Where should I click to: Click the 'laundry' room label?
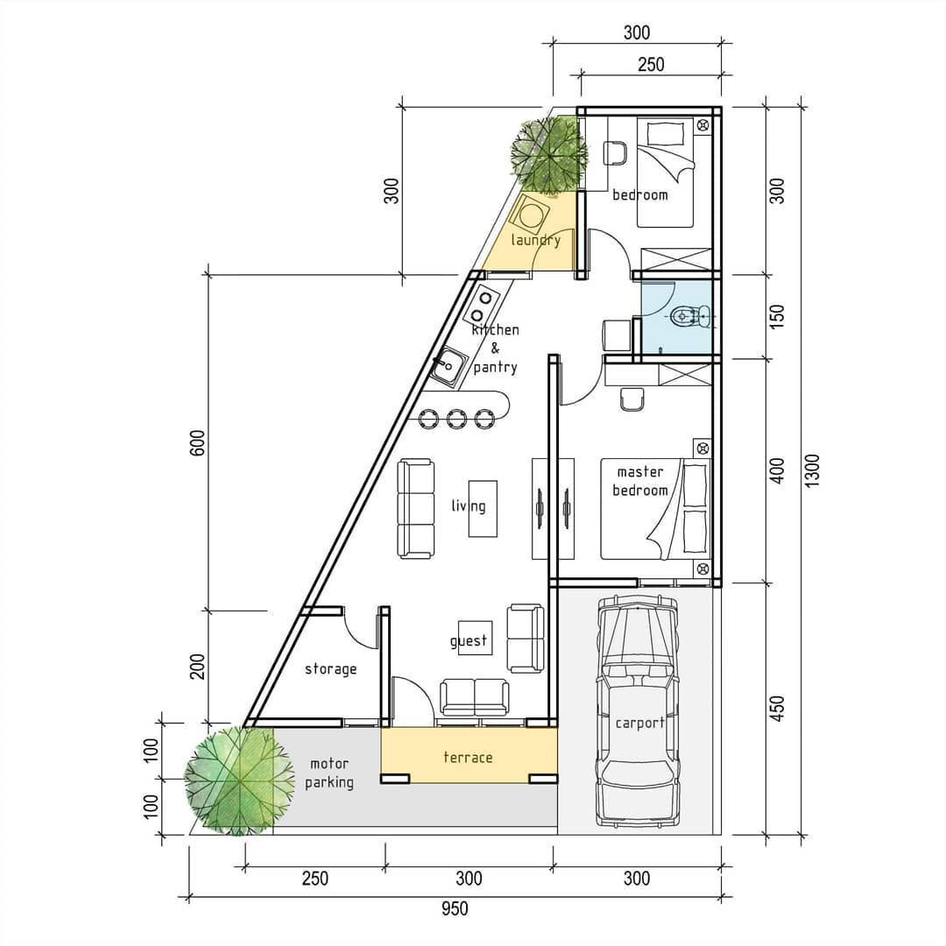pos(536,240)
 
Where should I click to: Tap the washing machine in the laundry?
pos(533,215)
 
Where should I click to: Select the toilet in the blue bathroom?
pos(691,315)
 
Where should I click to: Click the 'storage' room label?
pos(330,668)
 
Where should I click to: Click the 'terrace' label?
pos(468,757)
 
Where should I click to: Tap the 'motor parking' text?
pos(329,773)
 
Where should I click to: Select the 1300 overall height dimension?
pos(812,470)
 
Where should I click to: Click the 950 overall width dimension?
pos(455,908)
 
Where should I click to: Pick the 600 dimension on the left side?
pos(197,443)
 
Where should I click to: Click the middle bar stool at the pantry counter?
pos(456,418)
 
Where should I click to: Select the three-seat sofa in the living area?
pos(416,508)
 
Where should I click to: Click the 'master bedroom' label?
pos(640,481)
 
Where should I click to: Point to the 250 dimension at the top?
pos(651,65)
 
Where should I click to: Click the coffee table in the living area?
pos(484,508)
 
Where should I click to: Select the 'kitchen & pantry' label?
pos(495,348)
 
